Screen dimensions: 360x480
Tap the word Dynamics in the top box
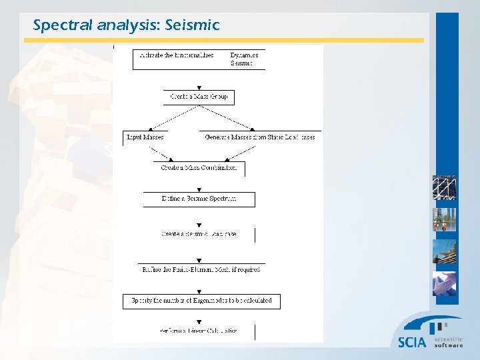pos(244,55)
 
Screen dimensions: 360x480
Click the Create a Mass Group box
pos(199,97)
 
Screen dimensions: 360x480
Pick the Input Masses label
pos(145,137)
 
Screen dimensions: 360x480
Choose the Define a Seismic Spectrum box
pos(199,199)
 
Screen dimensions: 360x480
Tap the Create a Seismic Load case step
pos(199,234)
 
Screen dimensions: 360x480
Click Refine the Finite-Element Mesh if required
pos(200,269)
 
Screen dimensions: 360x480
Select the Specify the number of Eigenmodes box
pos(201,301)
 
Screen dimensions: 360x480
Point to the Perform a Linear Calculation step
pos(198,331)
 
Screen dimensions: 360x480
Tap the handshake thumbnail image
pos(444,284)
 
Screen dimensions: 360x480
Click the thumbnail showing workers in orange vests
pos(444,219)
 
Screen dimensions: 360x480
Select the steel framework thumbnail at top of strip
pos(444,187)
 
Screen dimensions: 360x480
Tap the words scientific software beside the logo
pos(448,342)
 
